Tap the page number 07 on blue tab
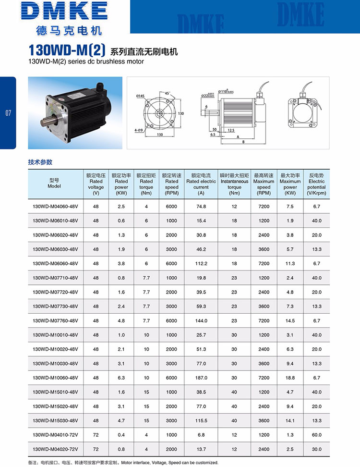(8, 113)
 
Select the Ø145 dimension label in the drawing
(140, 96)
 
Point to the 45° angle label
(168, 93)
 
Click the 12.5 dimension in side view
(231, 130)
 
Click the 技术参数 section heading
(40, 162)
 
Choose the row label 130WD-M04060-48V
(55, 207)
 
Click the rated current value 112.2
(201, 264)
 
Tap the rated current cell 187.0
(201, 378)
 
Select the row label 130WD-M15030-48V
(55, 420)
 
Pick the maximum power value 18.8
(290, 378)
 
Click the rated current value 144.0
(201, 320)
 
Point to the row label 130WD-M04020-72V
(55, 449)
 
